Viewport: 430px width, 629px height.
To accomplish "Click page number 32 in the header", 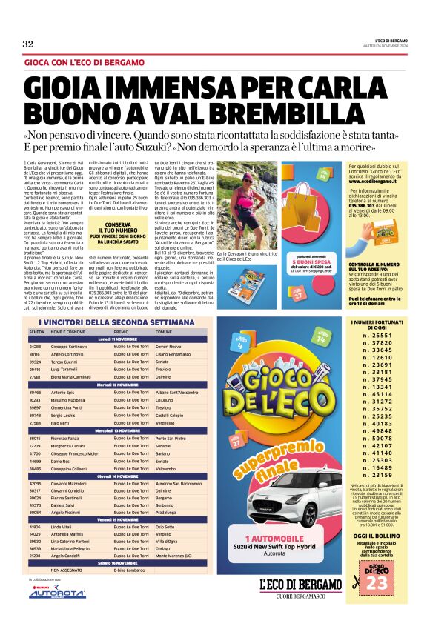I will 28,44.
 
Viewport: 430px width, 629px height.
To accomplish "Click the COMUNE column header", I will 164,331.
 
